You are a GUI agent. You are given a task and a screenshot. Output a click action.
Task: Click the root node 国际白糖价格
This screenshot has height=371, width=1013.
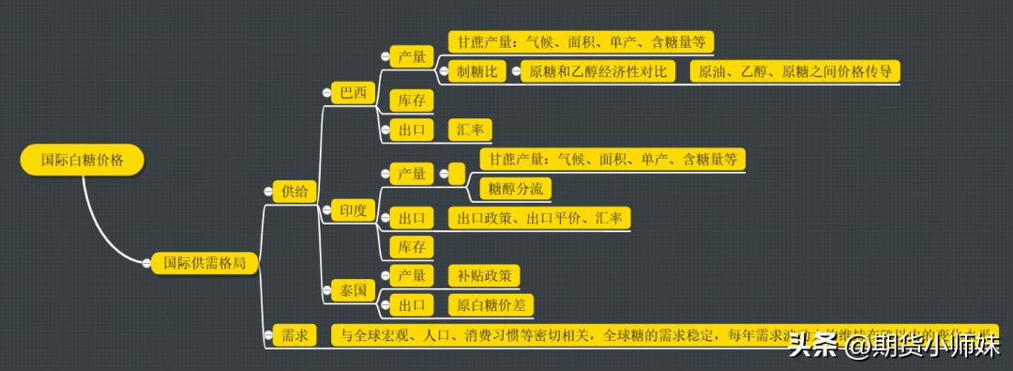pos(83,160)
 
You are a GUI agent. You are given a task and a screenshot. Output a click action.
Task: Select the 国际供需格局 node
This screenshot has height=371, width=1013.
pos(204,264)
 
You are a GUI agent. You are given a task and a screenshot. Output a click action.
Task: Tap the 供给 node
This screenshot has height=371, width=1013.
pos(294,192)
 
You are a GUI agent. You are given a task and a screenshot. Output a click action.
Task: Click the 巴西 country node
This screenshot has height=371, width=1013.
pos(354,93)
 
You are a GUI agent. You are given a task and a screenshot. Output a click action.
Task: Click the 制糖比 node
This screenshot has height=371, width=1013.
pos(476,71)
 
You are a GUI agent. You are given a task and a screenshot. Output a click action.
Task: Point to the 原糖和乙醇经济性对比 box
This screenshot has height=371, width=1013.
pos(598,71)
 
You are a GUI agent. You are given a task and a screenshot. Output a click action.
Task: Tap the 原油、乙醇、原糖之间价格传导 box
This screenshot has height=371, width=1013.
pos(794,71)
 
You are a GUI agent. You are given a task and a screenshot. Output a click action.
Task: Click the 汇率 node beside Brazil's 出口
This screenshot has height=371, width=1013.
pos(470,130)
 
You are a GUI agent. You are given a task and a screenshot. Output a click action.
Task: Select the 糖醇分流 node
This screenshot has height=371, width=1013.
pos(515,189)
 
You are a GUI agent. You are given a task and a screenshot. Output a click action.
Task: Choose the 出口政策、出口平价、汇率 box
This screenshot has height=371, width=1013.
pos(538,218)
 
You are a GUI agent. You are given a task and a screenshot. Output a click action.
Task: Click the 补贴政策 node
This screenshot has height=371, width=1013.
pos(484,275)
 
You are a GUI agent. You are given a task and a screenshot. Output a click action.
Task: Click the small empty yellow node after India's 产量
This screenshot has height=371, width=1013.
pos(457,173)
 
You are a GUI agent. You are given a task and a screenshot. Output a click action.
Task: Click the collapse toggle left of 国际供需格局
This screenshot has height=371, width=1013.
pos(145,265)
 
